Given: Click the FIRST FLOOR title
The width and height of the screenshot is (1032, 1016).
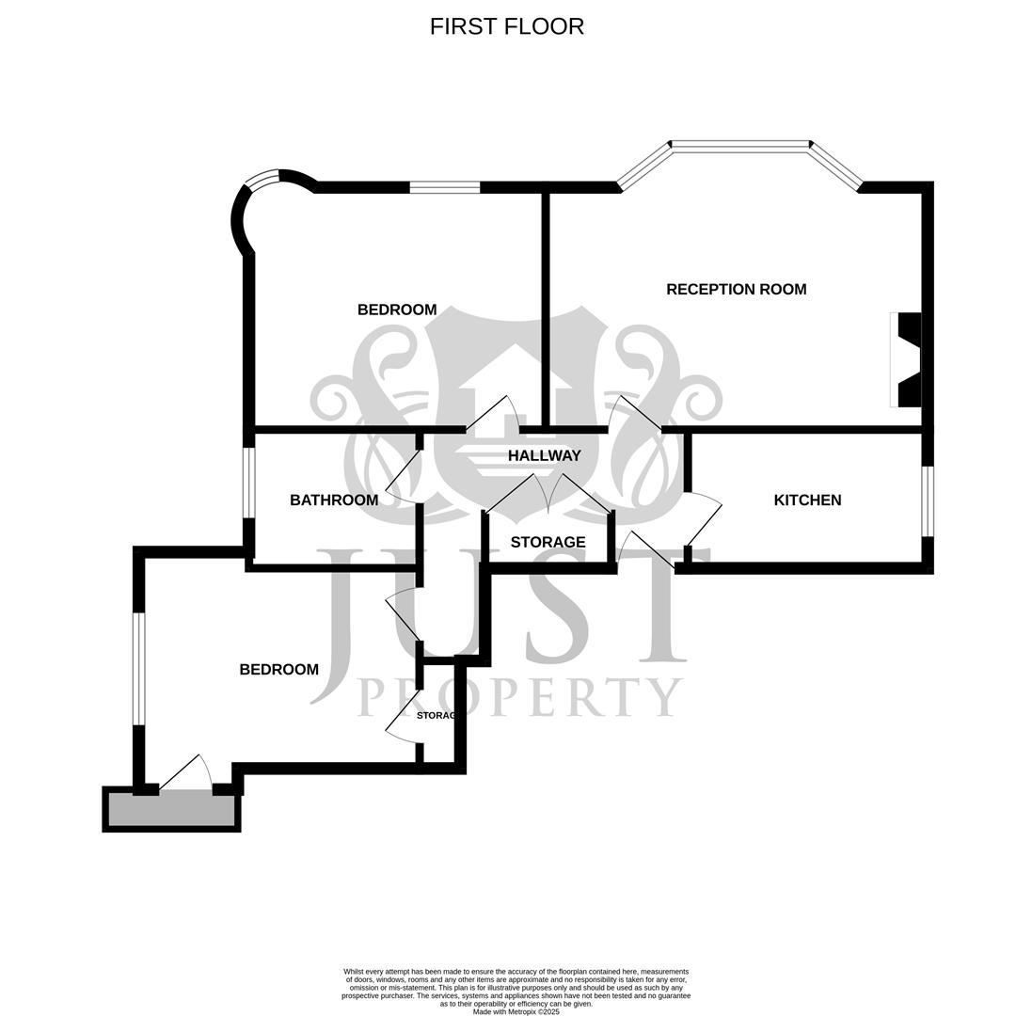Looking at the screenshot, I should click(506, 26).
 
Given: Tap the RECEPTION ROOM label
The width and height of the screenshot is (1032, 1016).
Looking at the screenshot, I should click(736, 289).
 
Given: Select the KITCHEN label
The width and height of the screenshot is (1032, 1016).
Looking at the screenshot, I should click(806, 500).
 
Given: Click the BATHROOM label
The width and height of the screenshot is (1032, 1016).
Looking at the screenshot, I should click(333, 500).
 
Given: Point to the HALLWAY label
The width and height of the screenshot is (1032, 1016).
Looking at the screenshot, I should click(544, 455).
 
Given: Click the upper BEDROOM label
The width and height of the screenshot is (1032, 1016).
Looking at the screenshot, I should click(396, 310).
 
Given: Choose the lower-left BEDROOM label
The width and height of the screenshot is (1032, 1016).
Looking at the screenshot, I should click(278, 669).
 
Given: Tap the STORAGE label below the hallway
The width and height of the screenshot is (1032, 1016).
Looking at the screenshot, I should click(548, 542).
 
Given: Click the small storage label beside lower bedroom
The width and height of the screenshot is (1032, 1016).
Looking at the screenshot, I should click(437, 715).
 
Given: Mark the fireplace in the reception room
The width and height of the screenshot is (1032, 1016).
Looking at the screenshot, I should click(906, 360).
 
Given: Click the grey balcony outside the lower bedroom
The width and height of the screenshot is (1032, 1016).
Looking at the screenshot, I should click(171, 809).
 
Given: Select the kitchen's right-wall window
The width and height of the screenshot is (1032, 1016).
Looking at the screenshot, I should click(927, 500).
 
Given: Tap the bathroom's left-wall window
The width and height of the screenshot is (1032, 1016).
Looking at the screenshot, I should click(249, 483).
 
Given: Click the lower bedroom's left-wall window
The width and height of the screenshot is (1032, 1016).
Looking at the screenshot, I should click(139, 668).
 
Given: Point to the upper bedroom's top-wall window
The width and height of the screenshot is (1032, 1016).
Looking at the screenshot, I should click(444, 187).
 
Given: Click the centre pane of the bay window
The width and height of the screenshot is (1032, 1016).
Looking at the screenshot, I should click(740, 146).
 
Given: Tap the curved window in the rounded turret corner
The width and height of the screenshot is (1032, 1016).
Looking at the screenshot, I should click(262, 178).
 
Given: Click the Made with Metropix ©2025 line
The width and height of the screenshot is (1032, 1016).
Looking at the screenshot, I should click(516, 1011).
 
